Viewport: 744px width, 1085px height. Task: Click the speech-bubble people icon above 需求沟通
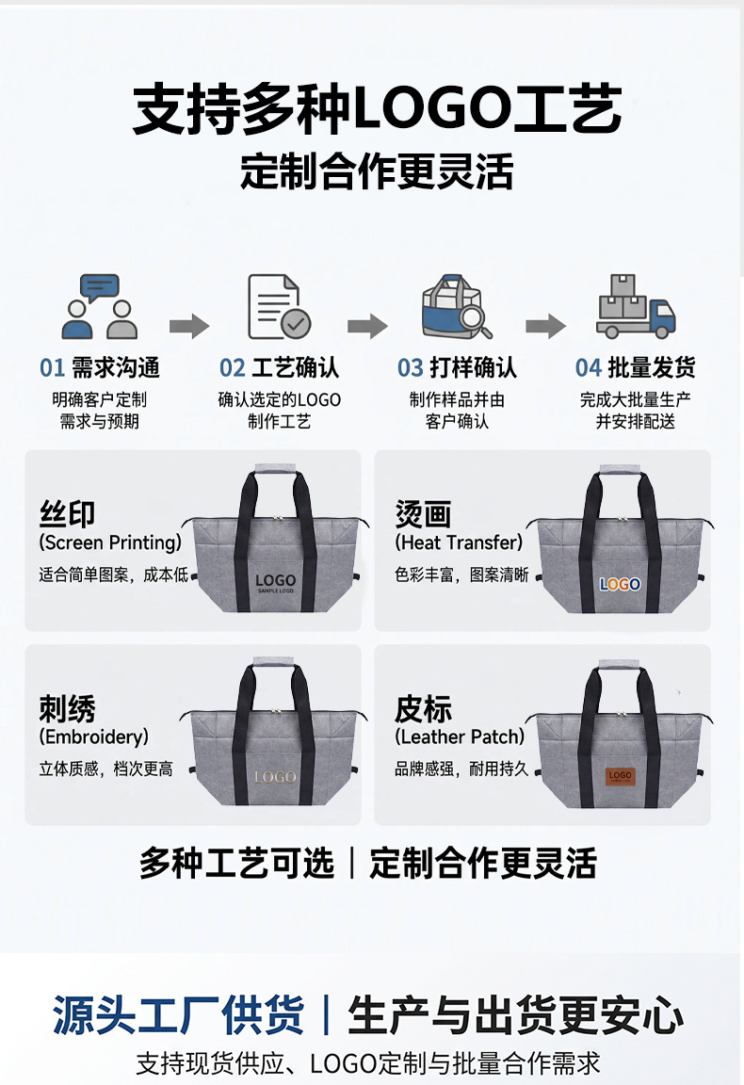100,306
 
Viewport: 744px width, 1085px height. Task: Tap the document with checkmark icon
279,306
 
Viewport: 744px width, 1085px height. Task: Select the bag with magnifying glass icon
457,306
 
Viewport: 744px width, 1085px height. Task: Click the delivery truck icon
636,306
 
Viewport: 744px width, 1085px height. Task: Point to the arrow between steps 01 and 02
189,325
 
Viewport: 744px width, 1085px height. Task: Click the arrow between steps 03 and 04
545,325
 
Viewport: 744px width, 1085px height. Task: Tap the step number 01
52,368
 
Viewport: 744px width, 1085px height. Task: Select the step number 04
589,368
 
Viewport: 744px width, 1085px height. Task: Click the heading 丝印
67,514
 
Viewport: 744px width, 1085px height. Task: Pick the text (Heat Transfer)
459,542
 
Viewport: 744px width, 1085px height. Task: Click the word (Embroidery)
94,737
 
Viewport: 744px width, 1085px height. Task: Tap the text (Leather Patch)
460,737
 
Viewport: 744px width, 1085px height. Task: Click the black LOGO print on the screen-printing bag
275,583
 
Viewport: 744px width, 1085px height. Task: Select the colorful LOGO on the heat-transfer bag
620,585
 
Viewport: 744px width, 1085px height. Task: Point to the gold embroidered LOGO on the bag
275,777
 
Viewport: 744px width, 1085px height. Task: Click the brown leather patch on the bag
620,777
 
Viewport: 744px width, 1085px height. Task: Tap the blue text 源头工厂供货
178,1015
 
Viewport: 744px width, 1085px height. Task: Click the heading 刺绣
67,708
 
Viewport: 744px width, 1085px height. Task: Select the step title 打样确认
474,368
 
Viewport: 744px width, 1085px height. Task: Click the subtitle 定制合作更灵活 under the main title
378,171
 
